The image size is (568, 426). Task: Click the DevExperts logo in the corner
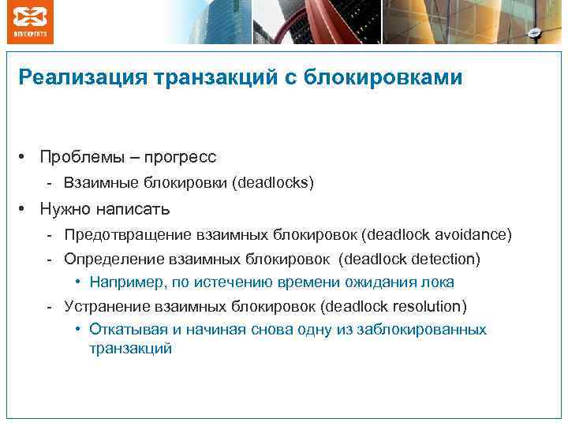tap(30, 21)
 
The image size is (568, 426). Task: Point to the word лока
tap(439, 282)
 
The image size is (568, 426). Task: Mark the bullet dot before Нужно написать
tap(26, 210)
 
